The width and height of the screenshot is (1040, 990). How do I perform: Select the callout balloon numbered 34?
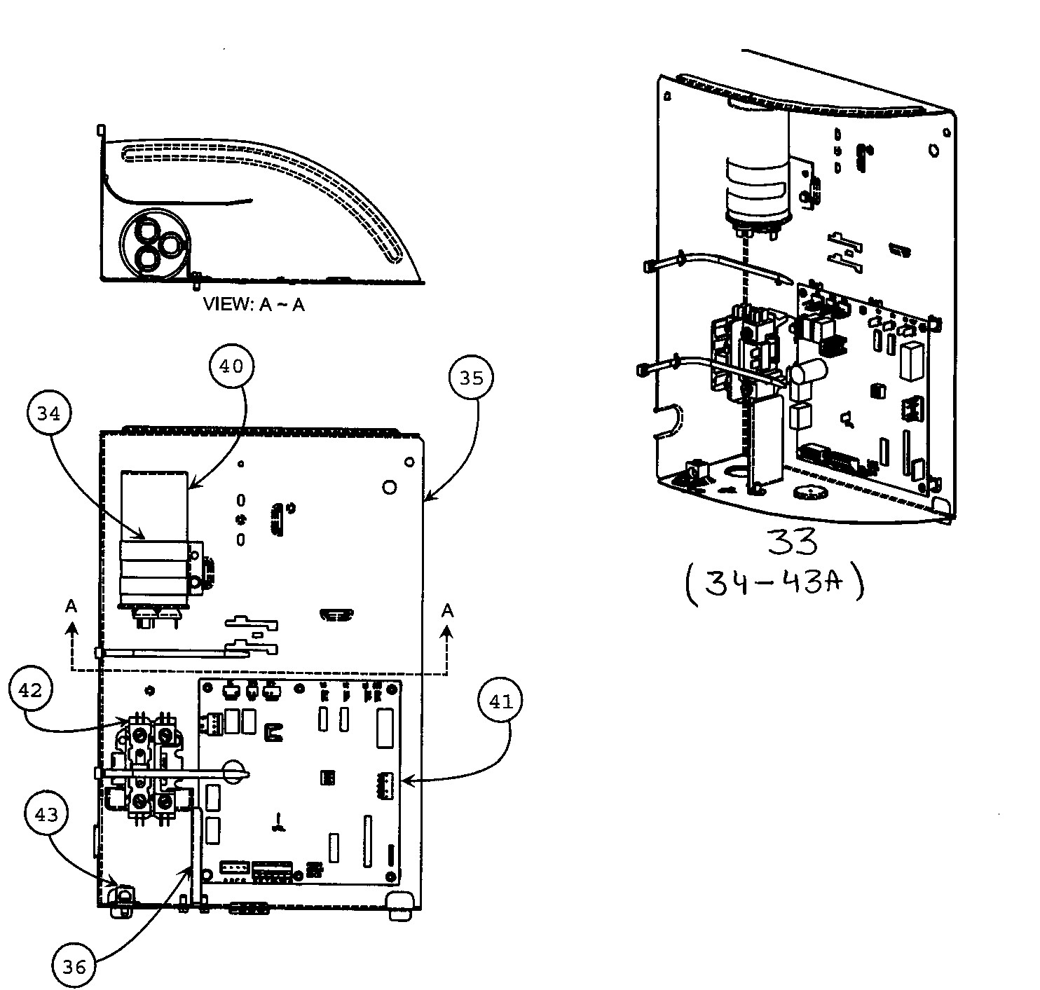point(49,413)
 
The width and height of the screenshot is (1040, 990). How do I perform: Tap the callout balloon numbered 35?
point(472,378)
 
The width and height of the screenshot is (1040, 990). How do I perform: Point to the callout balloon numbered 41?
point(500,701)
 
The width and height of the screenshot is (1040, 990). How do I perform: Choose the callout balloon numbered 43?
point(46,814)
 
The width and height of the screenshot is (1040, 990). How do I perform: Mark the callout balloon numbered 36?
point(74,966)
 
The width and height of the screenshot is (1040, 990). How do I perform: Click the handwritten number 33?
point(791,542)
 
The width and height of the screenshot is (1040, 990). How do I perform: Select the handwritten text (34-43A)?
point(774,584)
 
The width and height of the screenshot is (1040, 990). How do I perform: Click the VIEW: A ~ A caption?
point(254,305)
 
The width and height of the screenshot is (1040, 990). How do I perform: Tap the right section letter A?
point(447,611)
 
